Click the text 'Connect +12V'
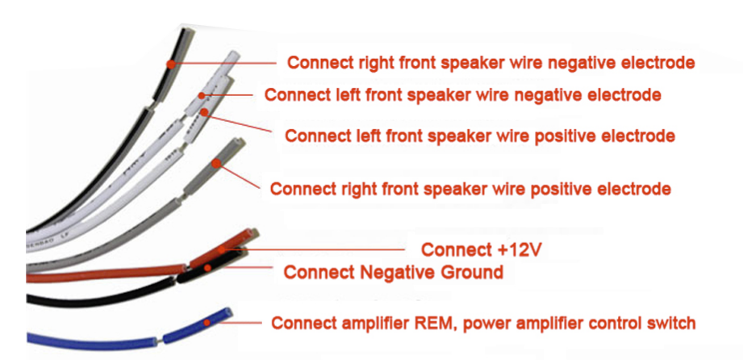[x=481, y=249]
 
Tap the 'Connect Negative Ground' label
[x=393, y=272]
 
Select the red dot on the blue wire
[x=207, y=323]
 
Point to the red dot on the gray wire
[x=216, y=164]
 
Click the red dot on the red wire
[x=222, y=249]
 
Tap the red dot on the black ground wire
[x=207, y=268]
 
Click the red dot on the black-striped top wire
[x=169, y=63]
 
